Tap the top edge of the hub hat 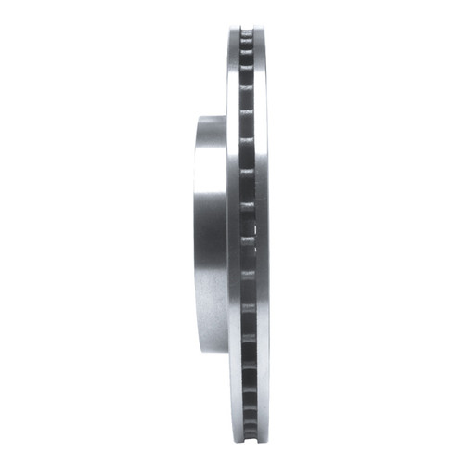[x=213, y=116]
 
